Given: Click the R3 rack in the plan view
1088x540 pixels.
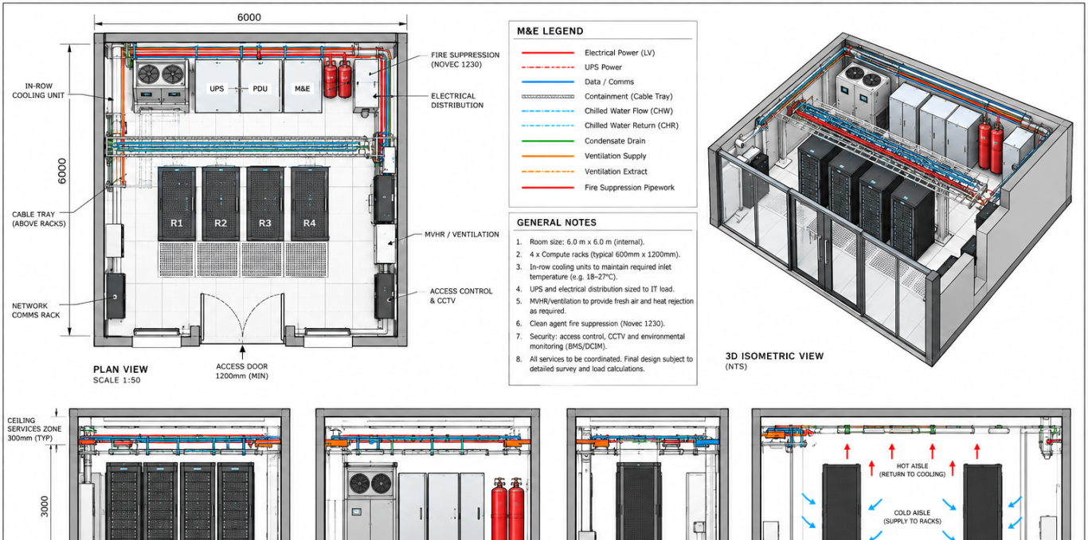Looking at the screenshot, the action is [264, 203].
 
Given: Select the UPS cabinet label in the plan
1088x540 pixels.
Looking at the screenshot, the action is [217, 88].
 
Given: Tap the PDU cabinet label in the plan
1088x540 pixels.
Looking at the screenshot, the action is [260, 88].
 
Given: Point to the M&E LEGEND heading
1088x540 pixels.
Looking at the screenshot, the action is [550, 31].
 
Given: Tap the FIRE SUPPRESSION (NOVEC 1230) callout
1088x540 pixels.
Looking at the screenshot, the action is [465, 60].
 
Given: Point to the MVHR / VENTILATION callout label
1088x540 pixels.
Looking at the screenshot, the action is [462, 234].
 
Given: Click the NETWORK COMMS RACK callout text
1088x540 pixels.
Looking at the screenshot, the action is [36, 311].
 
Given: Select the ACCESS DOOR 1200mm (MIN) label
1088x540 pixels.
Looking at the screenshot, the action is [242, 371].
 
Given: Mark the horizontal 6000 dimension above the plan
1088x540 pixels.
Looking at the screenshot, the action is [249, 18].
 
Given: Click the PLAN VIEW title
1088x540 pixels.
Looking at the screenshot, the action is [120, 369].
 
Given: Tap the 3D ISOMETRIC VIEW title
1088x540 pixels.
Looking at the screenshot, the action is [775, 356].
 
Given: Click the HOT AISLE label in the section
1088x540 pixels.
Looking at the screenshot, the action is [912, 466].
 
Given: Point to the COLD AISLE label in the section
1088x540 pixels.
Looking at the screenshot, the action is [912, 512].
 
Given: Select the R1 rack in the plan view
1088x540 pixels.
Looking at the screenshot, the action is [177, 203].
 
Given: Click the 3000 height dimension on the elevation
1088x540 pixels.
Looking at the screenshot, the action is [45, 506].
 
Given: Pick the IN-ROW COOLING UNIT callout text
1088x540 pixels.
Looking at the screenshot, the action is [38, 91].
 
